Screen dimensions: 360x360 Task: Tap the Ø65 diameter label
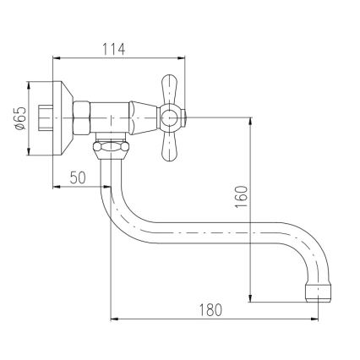19,117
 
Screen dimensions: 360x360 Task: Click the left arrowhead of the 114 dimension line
56,58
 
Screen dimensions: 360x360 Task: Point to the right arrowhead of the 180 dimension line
325,319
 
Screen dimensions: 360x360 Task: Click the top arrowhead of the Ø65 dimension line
29,84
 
